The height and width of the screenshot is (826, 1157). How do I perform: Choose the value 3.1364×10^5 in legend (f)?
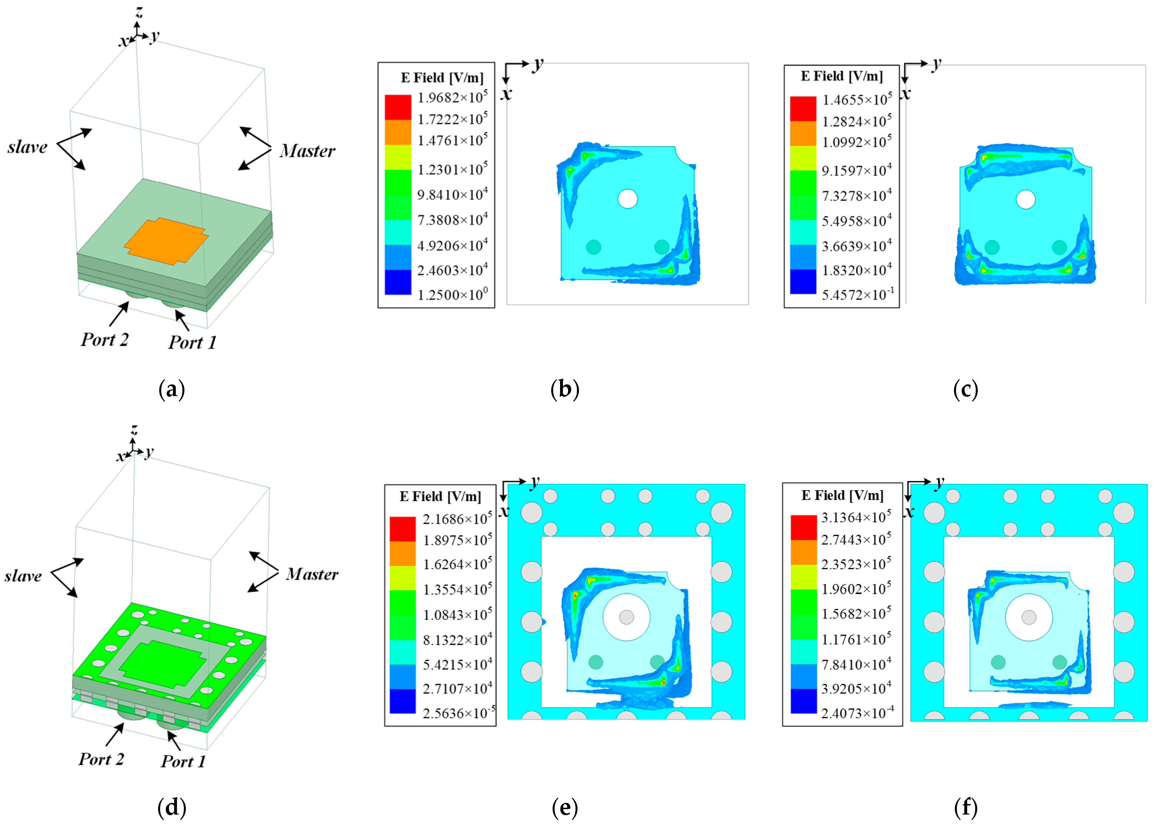(x=856, y=517)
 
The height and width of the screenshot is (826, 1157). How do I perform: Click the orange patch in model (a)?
(x=166, y=241)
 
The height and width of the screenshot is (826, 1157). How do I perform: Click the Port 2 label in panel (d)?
(x=101, y=759)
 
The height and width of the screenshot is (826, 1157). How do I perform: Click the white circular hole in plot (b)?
(x=628, y=199)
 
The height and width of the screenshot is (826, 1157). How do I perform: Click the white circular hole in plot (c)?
(x=1025, y=199)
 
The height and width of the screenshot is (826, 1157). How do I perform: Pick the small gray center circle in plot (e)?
(x=626, y=617)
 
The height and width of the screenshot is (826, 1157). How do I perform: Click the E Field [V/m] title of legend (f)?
(x=842, y=495)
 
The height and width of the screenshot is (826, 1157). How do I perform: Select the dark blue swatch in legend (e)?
(x=402, y=701)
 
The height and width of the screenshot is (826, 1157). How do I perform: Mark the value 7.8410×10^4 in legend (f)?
(x=856, y=664)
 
